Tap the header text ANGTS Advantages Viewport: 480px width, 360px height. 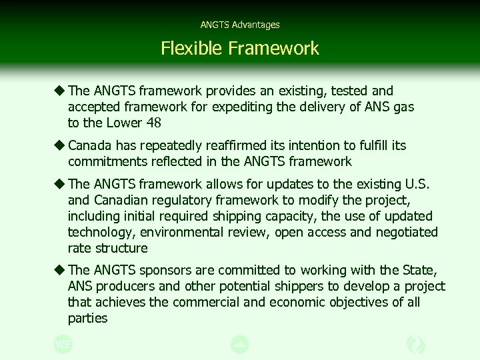pos(240,25)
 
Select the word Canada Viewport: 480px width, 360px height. pos(90,145)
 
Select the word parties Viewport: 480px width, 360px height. pos(87,318)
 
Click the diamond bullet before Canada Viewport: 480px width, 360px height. pos(59,145)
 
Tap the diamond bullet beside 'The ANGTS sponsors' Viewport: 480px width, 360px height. pos(59,269)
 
